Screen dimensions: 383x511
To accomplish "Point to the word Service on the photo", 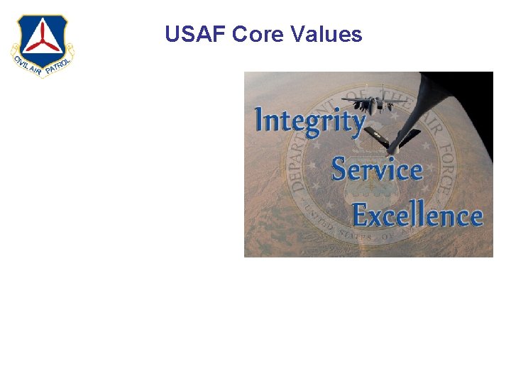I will (x=376, y=170).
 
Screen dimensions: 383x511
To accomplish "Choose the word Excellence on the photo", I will (x=417, y=216).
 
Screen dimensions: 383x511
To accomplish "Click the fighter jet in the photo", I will (x=368, y=102).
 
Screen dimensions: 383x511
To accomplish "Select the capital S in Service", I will (x=339, y=170).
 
